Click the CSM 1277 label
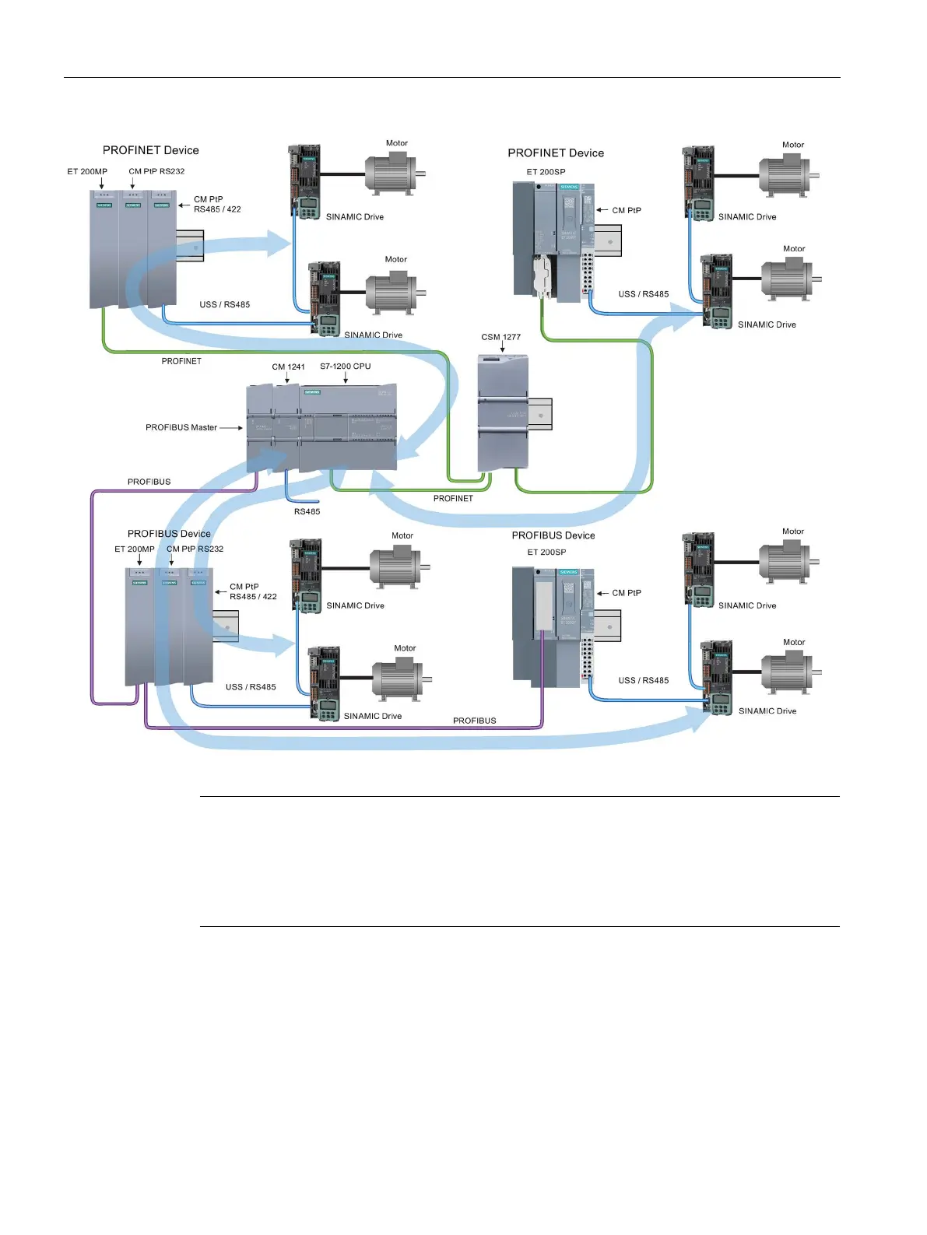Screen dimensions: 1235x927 tap(500, 337)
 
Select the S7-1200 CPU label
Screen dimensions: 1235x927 tap(345, 366)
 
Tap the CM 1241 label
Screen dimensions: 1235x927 tap(288, 367)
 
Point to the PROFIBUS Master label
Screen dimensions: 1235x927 tap(181, 427)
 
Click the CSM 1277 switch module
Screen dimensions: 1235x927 tap(503, 412)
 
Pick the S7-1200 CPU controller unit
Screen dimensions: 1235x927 tap(348, 427)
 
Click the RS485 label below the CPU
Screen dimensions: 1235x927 tap(307, 511)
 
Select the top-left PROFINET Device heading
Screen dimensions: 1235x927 tap(151, 150)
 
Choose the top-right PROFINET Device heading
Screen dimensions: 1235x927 tap(556, 153)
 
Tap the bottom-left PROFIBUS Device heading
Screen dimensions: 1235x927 tap(169, 534)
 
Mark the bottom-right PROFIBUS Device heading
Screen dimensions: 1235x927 tap(553, 535)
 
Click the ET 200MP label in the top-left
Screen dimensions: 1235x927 tap(87, 171)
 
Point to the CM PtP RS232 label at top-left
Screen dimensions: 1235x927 tap(156, 171)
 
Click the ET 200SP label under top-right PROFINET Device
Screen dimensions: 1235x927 tap(546, 172)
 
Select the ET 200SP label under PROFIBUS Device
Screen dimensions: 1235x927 tap(546, 552)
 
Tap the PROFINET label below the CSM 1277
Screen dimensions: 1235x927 tap(453, 498)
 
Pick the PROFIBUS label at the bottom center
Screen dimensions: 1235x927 tap(474, 721)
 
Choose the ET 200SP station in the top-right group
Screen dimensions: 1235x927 tap(553, 241)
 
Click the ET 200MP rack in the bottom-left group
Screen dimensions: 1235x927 tap(169, 626)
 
